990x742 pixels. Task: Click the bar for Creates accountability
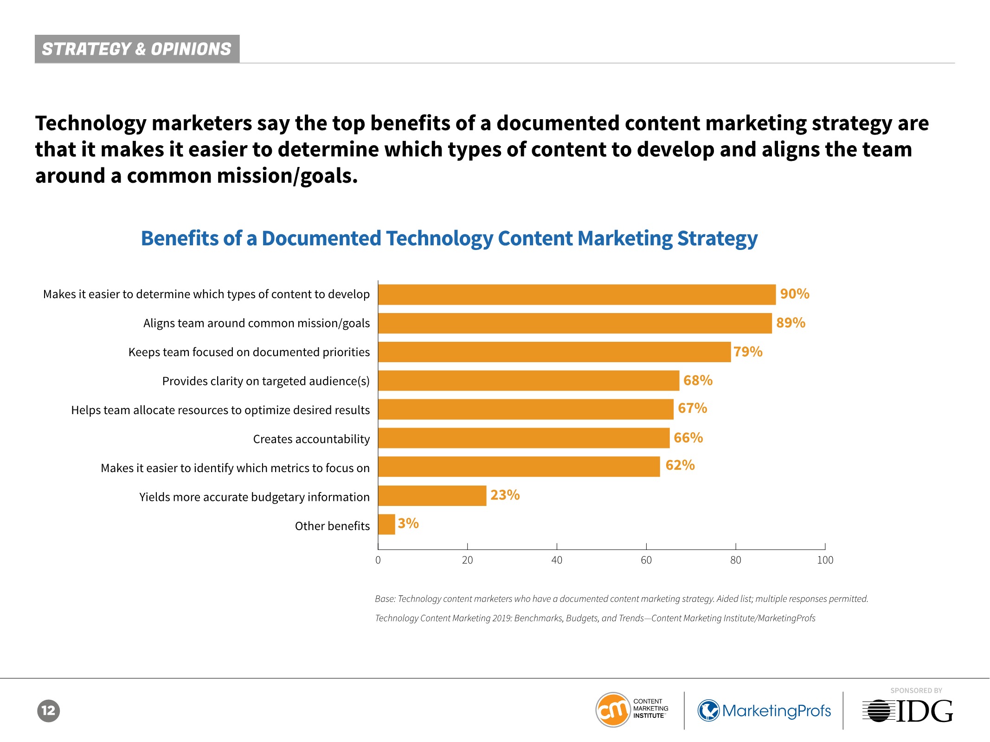(x=524, y=438)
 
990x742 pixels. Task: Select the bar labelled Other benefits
(x=386, y=525)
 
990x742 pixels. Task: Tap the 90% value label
(x=794, y=294)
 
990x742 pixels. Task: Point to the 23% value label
(x=505, y=495)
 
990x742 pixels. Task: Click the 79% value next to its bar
(x=748, y=352)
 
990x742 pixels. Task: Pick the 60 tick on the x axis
(x=646, y=560)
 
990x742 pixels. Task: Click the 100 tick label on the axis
(x=825, y=560)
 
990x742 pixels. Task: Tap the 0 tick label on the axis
(x=378, y=560)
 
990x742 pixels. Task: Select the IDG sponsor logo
(x=908, y=711)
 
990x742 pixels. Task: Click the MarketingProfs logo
(x=764, y=710)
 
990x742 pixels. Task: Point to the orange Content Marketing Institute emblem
(x=613, y=710)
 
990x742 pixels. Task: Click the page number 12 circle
(x=48, y=710)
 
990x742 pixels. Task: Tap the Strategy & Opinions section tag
(x=137, y=49)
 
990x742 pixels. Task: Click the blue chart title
(x=449, y=238)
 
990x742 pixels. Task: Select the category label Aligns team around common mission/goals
(x=257, y=323)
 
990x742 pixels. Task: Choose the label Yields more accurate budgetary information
(x=254, y=497)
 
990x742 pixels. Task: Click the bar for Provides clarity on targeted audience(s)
(x=528, y=381)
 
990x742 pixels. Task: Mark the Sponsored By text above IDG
(x=916, y=691)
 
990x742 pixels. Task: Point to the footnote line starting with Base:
(x=621, y=599)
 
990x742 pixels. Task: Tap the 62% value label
(x=680, y=465)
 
